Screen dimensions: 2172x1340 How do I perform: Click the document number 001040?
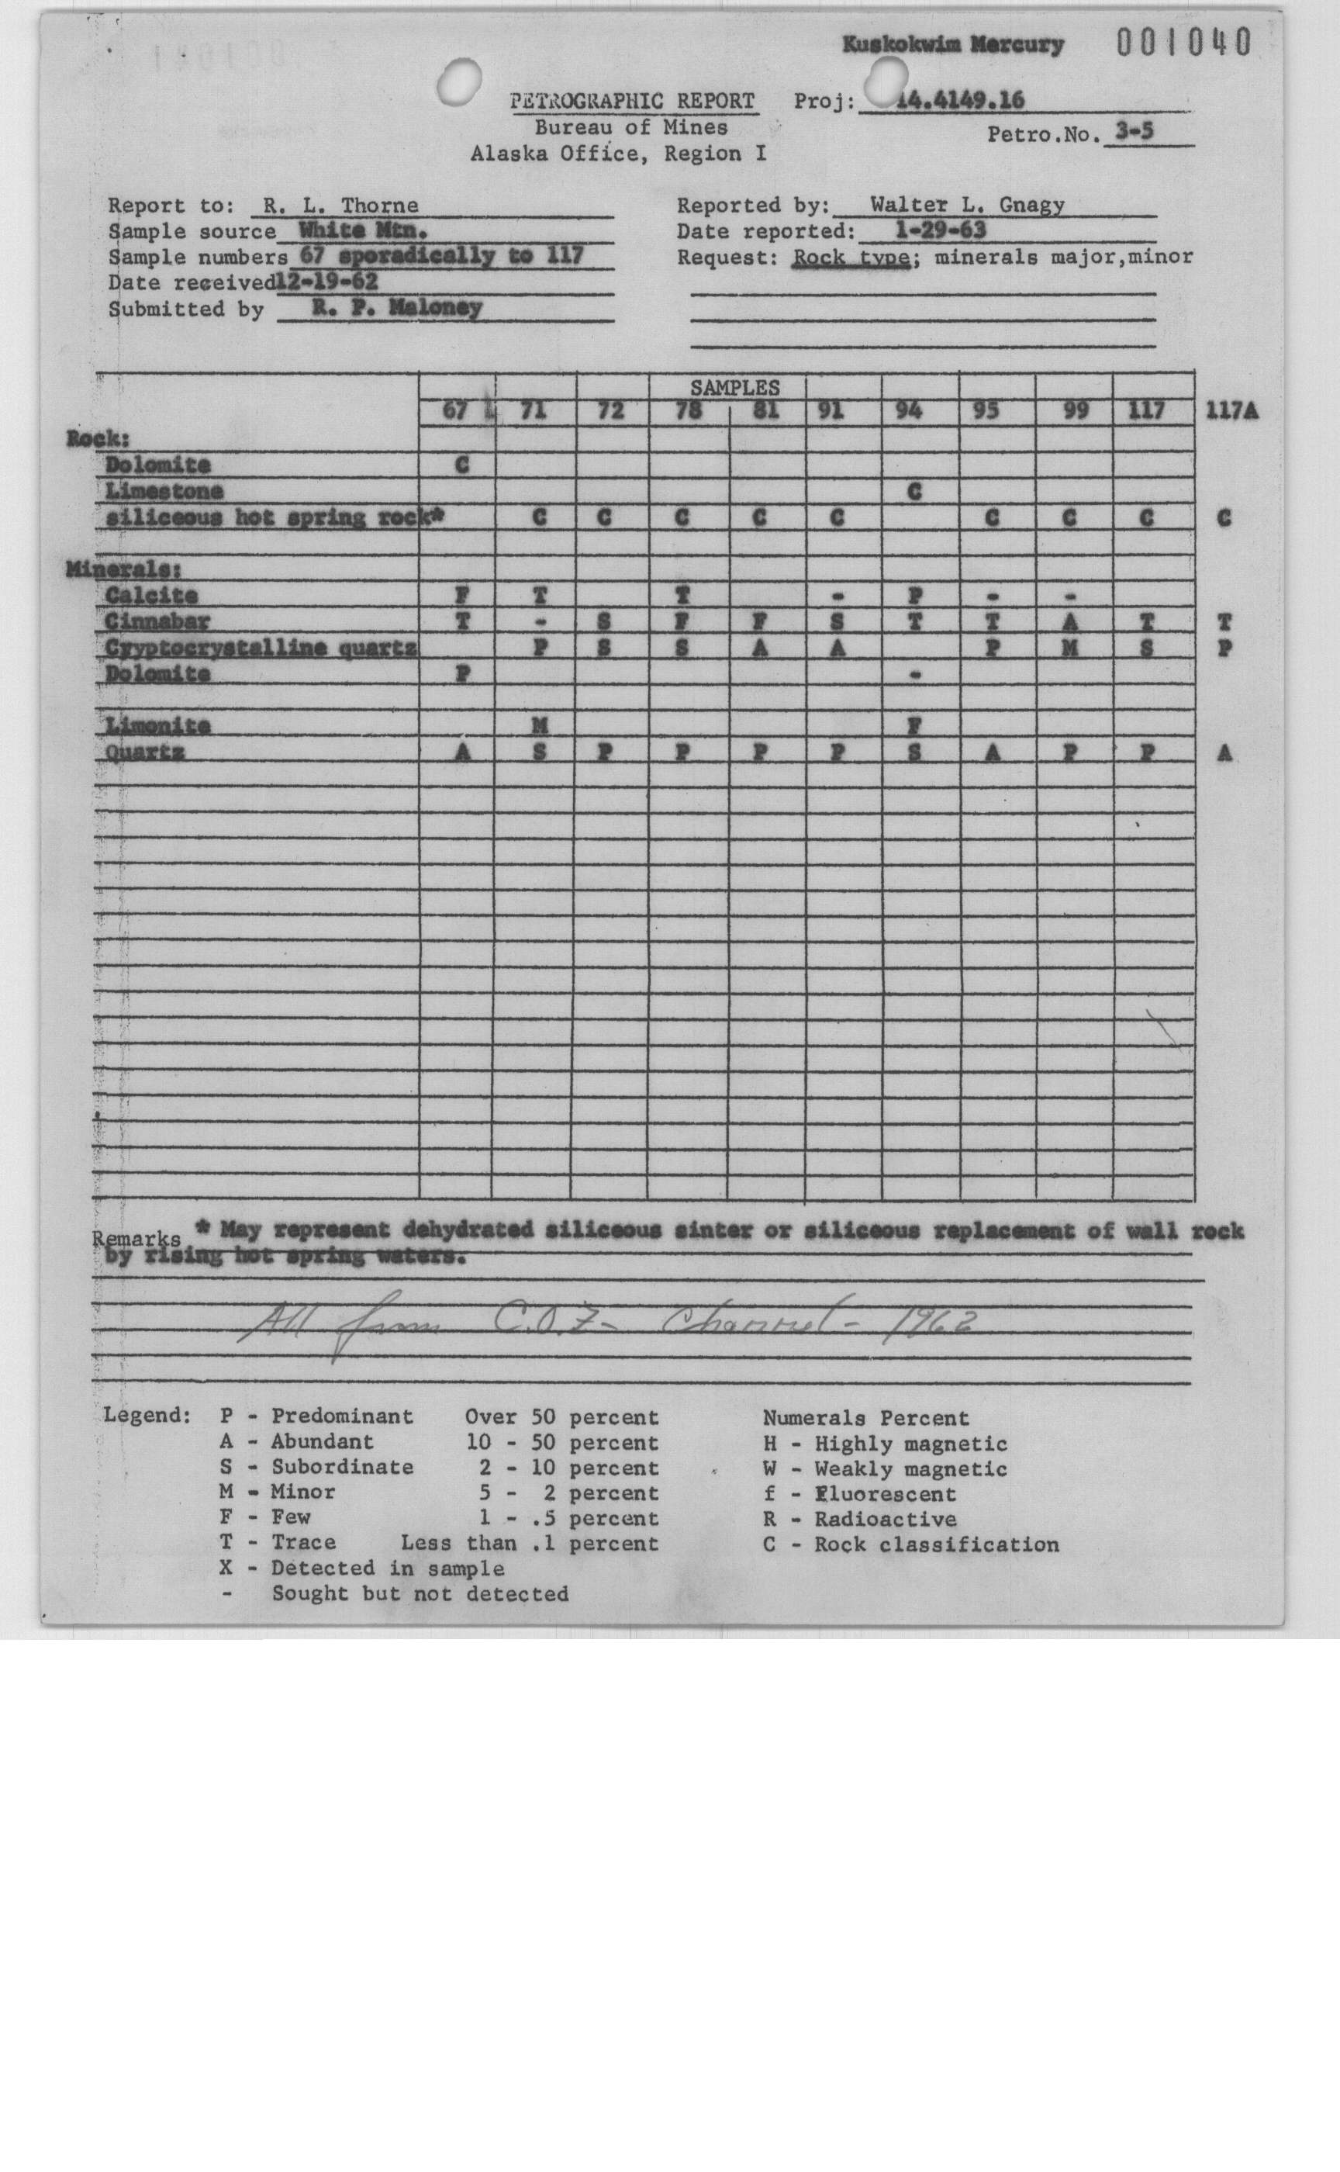[x=1183, y=42]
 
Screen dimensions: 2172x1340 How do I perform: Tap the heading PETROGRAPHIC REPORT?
[x=633, y=101]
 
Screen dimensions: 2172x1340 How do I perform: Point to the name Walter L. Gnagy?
[x=967, y=206]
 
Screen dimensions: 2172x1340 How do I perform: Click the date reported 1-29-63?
[x=941, y=231]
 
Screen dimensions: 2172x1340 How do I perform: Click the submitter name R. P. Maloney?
[x=396, y=308]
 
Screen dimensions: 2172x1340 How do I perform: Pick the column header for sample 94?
[x=910, y=410]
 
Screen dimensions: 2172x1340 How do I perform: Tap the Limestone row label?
[x=163, y=491]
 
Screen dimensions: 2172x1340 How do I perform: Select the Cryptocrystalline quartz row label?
[x=261, y=648]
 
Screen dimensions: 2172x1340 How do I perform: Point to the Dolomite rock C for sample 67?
[x=461, y=465]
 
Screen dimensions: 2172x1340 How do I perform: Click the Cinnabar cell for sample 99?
[x=1069, y=623]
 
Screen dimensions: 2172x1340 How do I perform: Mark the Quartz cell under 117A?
[x=1224, y=753]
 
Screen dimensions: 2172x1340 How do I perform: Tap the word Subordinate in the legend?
[x=342, y=1467]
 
